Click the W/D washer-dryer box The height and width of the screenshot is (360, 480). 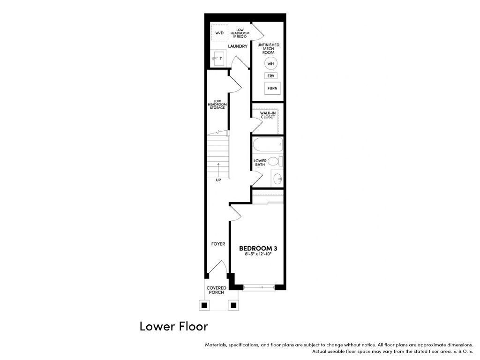click(x=219, y=33)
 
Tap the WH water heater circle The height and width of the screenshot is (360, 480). click(x=270, y=64)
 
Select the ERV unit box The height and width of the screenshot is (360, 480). click(x=270, y=75)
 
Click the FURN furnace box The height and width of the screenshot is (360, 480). click(x=272, y=88)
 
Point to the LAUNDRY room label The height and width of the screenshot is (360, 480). click(x=238, y=46)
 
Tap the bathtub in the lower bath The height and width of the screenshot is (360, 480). click(x=268, y=144)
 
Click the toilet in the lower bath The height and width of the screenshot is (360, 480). click(x=275, y=161)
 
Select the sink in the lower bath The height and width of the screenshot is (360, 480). click(x=277, y=179)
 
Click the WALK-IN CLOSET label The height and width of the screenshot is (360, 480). click(x=268, y=115)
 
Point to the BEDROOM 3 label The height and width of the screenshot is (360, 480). click(x=258, y=248)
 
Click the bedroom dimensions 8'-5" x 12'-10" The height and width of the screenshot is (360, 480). click(x=258, y=254)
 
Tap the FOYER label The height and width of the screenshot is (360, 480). click(x=218, y=244)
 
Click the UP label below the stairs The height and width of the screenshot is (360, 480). click(x=218, y=180)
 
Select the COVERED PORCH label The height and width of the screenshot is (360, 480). click(x=217, y=290)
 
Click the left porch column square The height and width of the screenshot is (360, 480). click(x=204, y=305)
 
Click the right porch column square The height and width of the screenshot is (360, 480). click(x=233, y=305)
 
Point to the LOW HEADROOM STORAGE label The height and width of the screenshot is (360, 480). click(x=217, y=105)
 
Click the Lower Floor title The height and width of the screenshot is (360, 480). click(x=174, y=326)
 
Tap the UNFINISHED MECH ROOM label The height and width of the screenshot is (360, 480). click(x=268, y=49)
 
